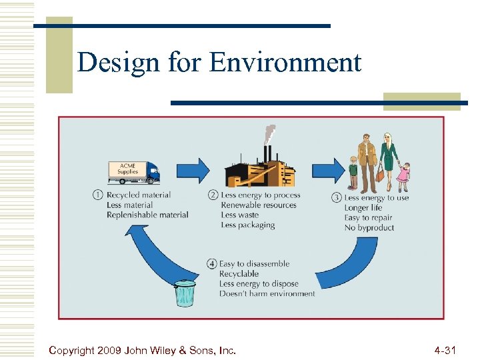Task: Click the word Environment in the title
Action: coord(285,63)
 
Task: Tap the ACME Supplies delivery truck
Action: coord(134,171)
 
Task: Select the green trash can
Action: coord(185,293)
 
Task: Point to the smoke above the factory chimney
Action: coord(270,133)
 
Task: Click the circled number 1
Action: coord(97,195)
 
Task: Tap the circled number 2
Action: coord(213,195)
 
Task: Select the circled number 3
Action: coord(336,197)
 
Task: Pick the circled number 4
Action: coord(212,264)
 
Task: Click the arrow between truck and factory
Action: coord(194,171)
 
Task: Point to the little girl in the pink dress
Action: coord(403,177)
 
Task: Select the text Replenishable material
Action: coord(147,215)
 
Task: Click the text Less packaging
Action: coord(247,225)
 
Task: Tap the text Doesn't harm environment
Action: coord(267,293)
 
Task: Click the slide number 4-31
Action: coord(445,349)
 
